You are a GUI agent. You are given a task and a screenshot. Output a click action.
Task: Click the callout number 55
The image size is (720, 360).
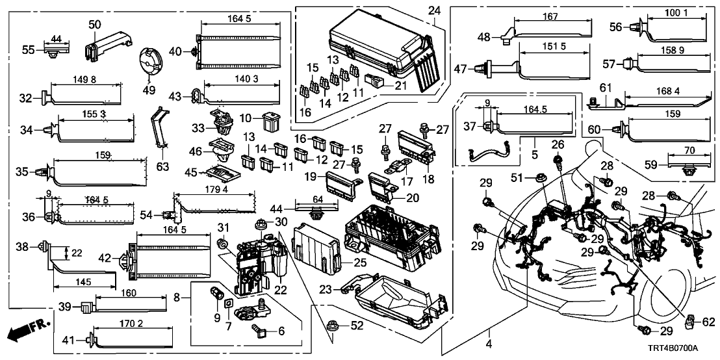pos(28,49)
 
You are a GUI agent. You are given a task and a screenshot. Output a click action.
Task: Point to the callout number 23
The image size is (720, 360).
pos(327,288)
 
